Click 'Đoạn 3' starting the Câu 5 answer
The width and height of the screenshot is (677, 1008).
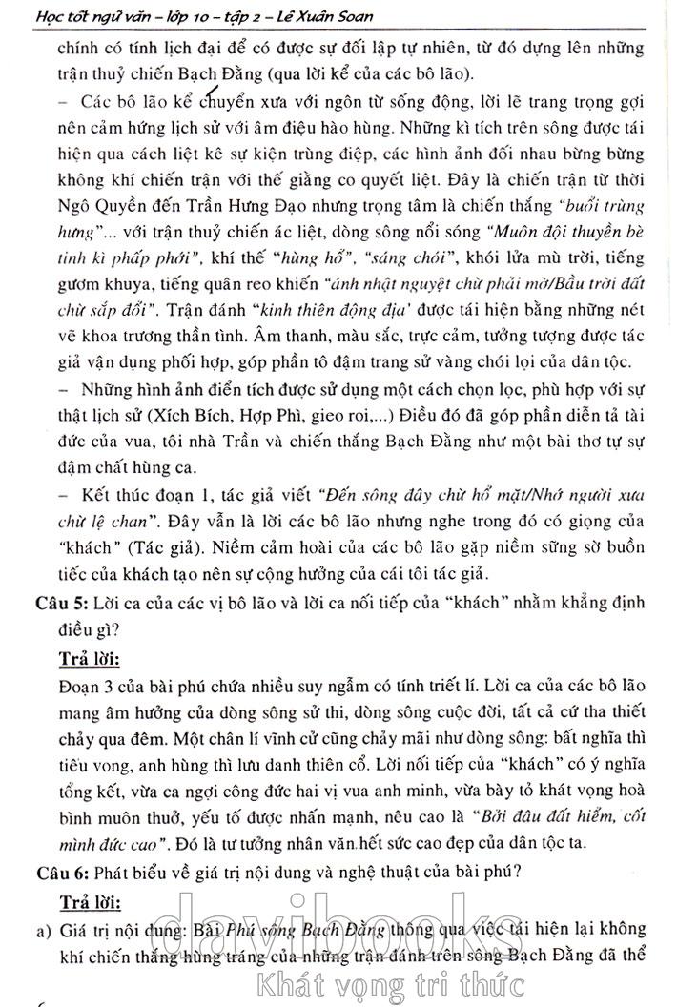tap(85, 686)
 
